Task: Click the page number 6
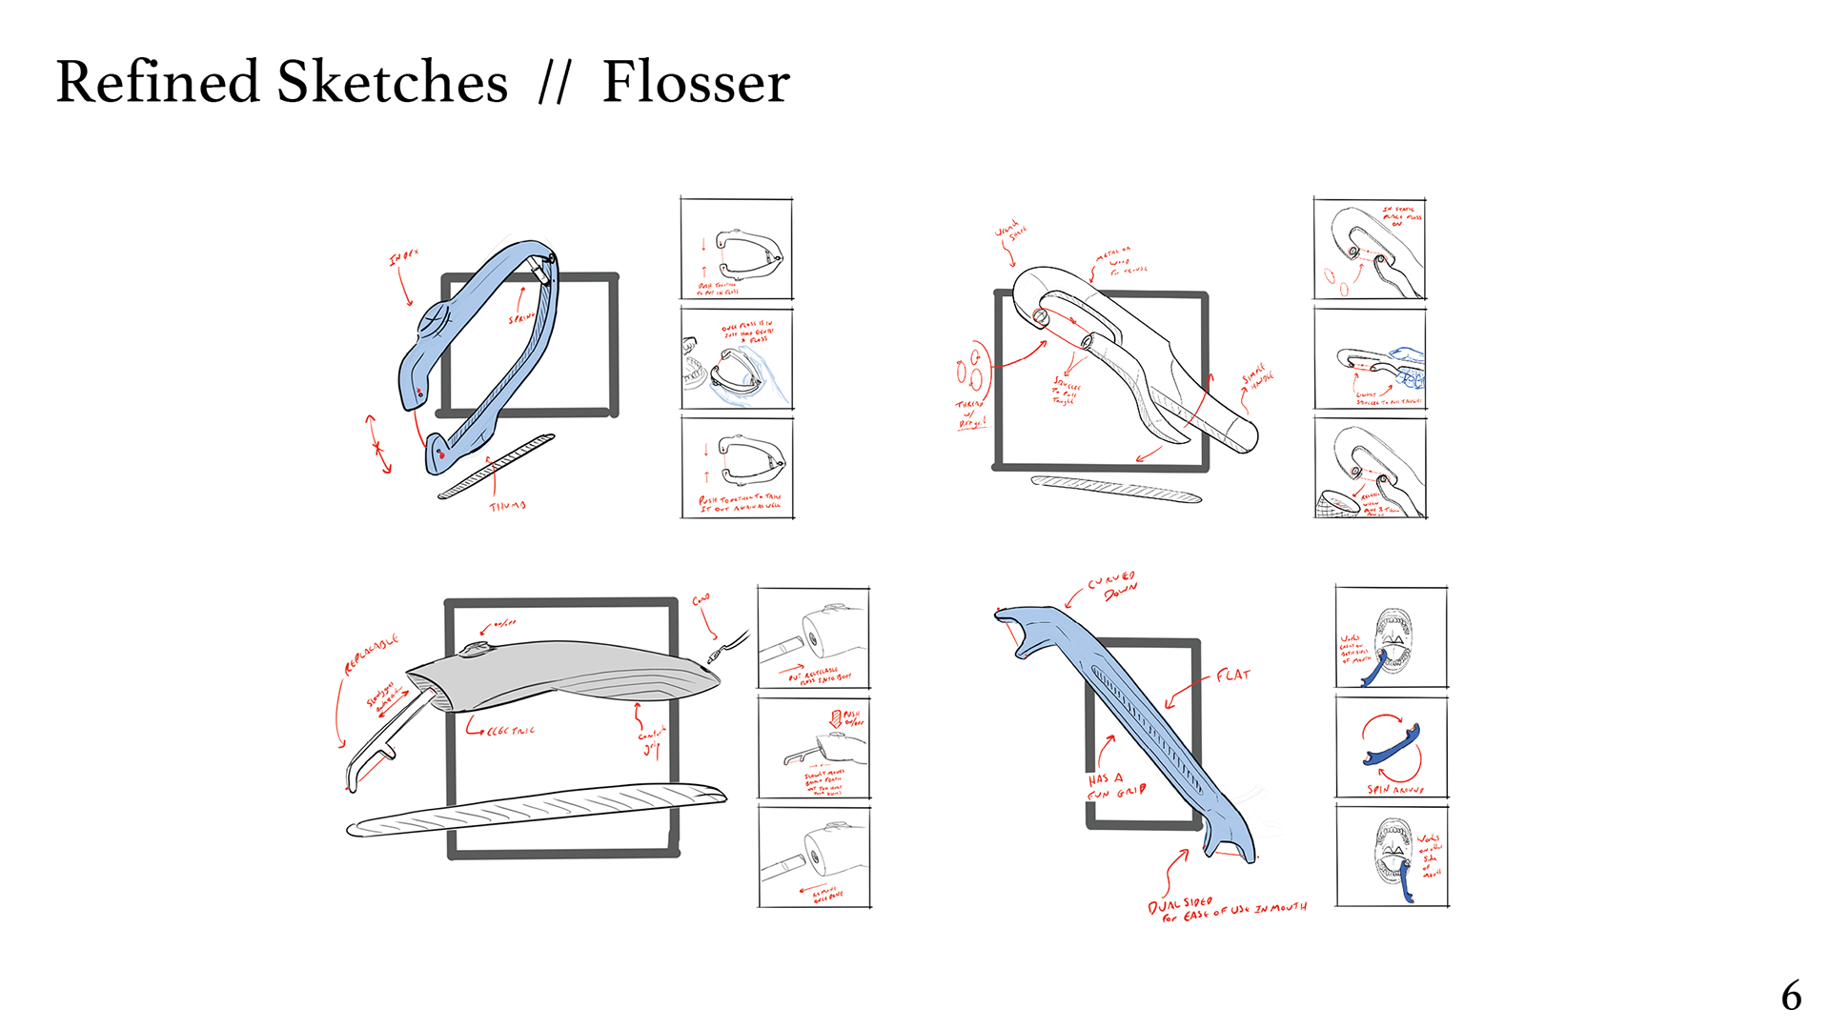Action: coord(1791,997)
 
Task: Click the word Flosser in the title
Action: coord(696,82)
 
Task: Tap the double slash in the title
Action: coord(554,84)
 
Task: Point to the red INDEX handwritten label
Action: coord(403,257)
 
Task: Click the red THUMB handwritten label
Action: coord(507,506)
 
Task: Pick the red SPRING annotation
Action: coord(520,317)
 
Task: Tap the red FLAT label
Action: coord(1232,676)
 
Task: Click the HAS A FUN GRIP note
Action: coord(1115,786)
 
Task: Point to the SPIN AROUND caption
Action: coord(1394,790)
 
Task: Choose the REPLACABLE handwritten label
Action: coord(371,655)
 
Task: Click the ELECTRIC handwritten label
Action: coord(510,731)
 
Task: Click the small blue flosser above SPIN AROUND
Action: coord(1393,746)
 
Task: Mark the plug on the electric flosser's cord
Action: coord(714,656)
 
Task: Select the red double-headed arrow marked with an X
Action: coord(378,445)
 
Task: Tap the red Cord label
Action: coord(701,600)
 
